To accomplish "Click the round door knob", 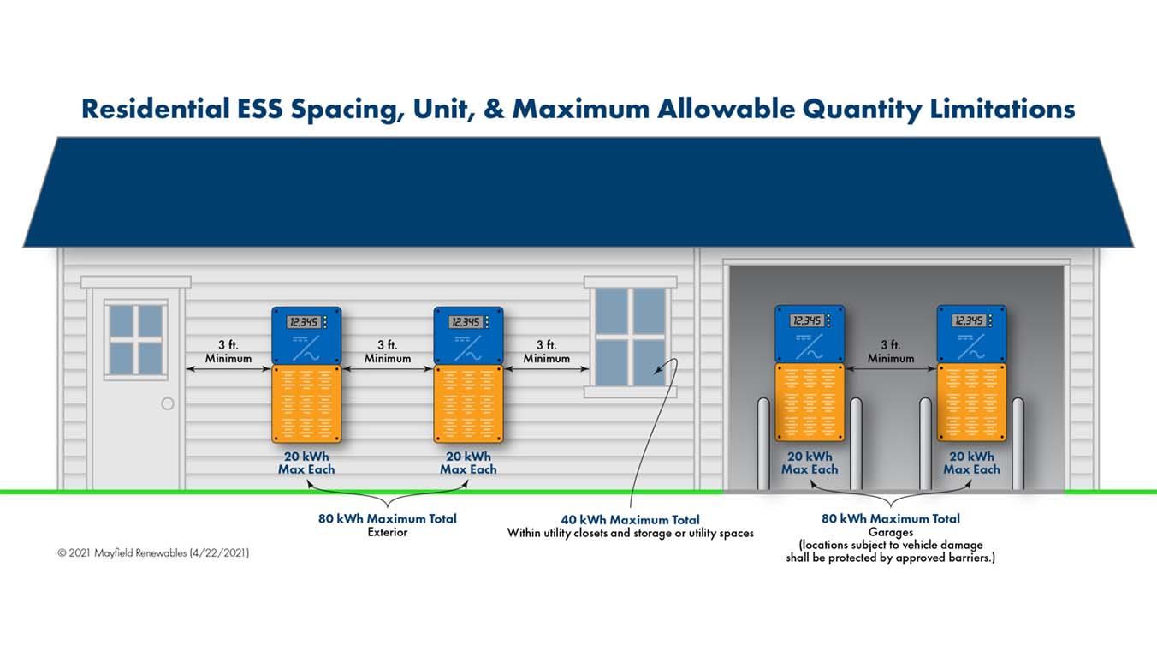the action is point(168,403).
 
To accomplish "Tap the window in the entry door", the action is point(136,340).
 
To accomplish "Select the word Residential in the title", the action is point(156,109).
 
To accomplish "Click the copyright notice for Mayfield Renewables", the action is point(153,552).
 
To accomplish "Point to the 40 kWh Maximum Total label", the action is point(630,519).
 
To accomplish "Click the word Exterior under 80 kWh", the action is point(388,532).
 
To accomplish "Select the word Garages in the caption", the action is point(891,532).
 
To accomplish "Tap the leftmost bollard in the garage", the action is point(763,444).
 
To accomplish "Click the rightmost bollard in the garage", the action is point(1018,444).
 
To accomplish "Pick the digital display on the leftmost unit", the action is point(304,322).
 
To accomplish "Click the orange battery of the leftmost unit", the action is point(306,403).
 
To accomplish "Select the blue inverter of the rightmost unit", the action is point(971,334).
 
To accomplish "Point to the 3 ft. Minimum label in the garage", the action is point(891,351).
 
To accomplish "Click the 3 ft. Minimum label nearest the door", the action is point(228,351).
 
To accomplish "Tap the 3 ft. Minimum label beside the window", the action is point(547,351).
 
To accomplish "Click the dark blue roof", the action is point(578,192).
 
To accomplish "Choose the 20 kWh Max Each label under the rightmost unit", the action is point(971,463).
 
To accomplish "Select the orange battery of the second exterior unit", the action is point(468,403).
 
